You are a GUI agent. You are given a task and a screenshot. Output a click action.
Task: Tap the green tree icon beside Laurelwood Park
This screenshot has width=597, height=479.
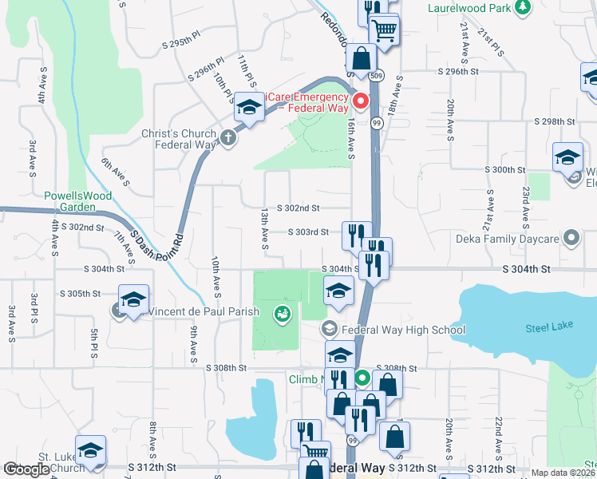(522, 7)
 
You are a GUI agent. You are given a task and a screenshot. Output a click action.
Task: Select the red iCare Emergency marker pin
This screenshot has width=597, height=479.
(360, 101)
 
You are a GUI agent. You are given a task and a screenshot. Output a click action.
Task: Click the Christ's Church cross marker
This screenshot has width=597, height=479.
(228, 138)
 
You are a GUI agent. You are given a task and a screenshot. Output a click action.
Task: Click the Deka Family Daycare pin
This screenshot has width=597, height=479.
(571, 238)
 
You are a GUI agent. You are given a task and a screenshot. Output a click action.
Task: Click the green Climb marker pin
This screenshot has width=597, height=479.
(361, 378)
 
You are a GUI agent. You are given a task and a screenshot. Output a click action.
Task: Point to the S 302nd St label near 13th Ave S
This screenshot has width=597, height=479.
(298, 208)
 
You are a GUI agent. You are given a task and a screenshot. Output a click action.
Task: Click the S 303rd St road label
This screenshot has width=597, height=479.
(307, 232)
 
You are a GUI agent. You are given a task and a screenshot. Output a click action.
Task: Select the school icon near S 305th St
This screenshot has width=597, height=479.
(133, 299)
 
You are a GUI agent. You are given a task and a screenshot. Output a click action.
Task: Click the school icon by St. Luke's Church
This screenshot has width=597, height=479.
(90, 451)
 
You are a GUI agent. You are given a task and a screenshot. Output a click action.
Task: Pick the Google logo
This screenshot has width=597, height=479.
(26, 469)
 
